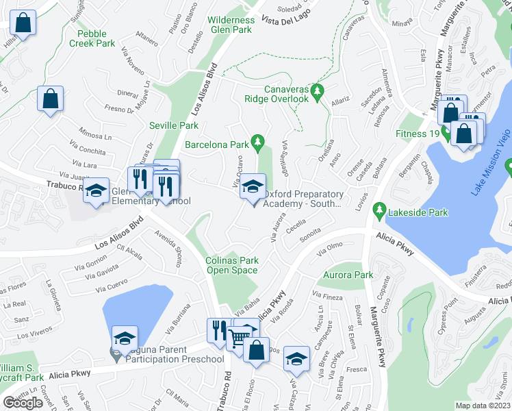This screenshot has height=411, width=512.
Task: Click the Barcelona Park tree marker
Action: [x=257, y=142]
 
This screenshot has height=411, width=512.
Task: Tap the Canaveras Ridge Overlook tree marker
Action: [x=317, y=90]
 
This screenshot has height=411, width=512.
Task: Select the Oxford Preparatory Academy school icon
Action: [x=253, y=187]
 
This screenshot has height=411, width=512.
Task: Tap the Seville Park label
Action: [x=174, y=125]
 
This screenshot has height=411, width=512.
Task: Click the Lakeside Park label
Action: [x=417, y=212]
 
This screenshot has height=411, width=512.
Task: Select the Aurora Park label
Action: [x=344, y=275]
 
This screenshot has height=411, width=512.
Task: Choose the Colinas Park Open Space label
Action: [x=232, y=265]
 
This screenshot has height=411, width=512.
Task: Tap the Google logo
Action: [x=23, y=403]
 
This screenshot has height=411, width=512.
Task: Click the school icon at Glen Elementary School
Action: [x=97, y=190]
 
